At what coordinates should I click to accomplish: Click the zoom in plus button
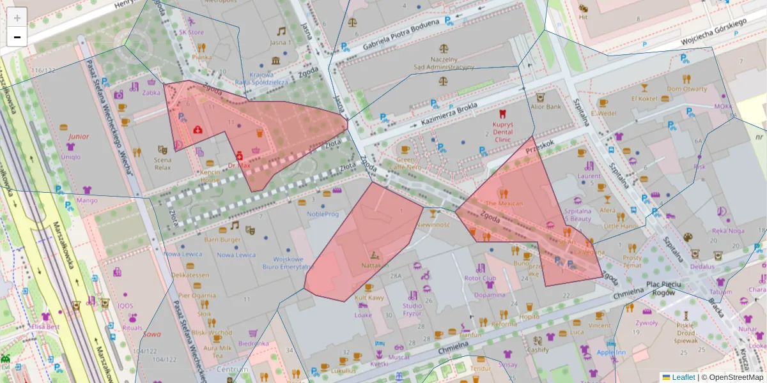[17, 18]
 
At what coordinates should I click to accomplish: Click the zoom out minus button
[17, 37]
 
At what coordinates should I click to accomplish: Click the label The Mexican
[504, 203]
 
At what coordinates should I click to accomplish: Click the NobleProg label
[323, 214]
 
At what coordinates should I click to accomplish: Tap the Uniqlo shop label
[71, 157]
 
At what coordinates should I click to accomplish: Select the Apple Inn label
[611, 352]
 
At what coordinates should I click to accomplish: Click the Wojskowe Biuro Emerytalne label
[291, 263]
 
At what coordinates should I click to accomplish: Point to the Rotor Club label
[480, 278]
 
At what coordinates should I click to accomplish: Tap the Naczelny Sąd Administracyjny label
[444, 62]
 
